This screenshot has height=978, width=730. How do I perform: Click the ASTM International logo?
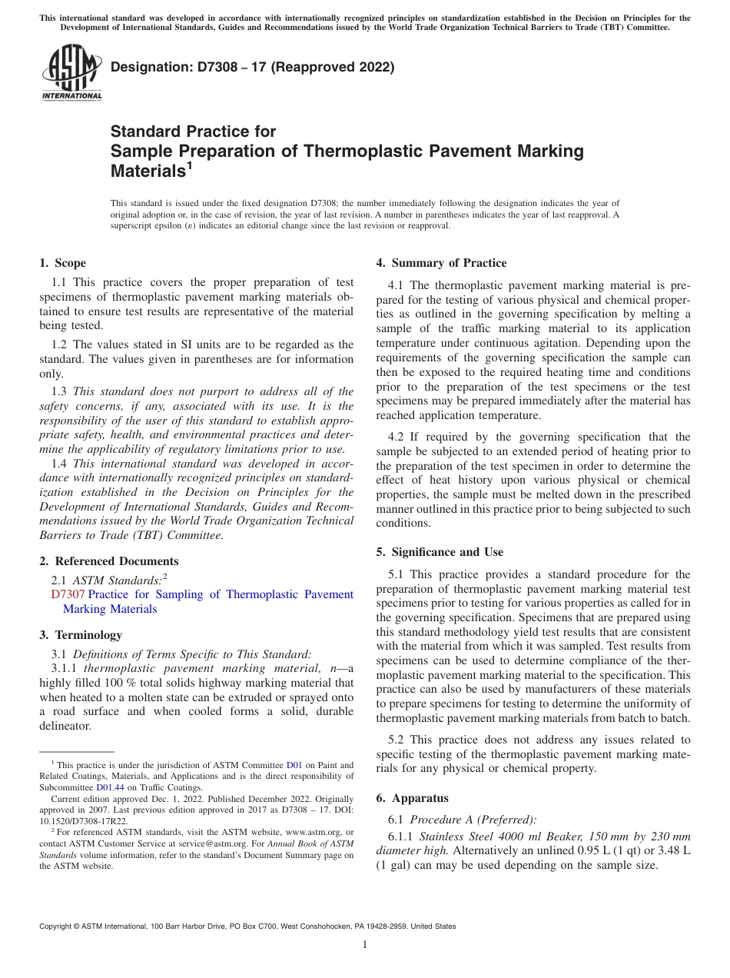[71, 72]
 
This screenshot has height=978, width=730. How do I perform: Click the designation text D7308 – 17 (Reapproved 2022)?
[252, 68]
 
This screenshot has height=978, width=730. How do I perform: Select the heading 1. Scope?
[62, 263]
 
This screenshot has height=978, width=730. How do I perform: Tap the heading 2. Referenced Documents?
[108, 561]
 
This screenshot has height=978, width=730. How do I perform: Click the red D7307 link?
[68, 594]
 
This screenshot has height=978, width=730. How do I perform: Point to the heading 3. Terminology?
[81, 635]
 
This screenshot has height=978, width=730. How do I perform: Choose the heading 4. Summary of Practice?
[441, 263]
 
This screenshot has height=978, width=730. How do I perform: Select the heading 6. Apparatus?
[412, 798]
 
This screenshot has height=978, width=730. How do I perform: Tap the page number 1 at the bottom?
[365, 945]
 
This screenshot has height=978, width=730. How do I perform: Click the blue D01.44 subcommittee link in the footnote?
[110, 787]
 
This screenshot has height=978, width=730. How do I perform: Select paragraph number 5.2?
[397, 740]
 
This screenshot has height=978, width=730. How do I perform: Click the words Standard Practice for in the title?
[193, 131]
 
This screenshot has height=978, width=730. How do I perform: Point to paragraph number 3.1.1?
[65, 668]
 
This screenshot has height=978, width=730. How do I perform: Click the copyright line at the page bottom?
[247, 926]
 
